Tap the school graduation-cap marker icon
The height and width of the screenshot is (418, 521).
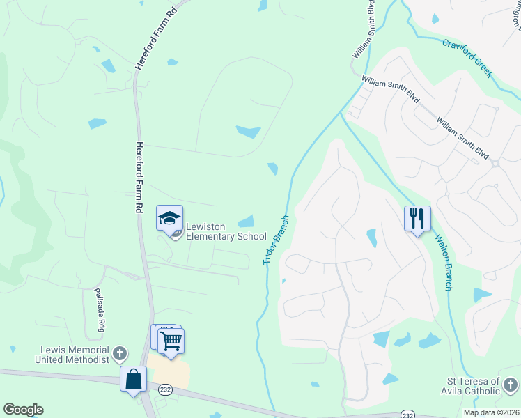(x=169, y=219)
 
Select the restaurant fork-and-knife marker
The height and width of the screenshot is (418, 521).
(x=417, y=219)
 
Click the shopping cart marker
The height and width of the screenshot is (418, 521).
(x=171, y=341)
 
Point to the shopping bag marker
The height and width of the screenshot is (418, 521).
(x=133, y=380)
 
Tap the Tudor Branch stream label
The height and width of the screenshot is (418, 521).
(x=276, y=239)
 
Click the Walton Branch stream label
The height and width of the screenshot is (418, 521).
(x=444, y=262)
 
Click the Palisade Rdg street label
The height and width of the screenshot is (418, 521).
(x=99, y=309)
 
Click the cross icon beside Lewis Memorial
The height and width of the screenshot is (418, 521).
(x=120, y=354)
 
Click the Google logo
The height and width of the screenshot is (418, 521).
(x=23, y=410)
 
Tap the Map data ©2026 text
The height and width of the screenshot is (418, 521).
(x=491, y=412)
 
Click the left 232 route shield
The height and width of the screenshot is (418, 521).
(x=164, y=389)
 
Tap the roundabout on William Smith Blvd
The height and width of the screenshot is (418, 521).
(x=495, y=164)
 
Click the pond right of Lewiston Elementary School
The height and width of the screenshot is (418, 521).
(x=247, y=222)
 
